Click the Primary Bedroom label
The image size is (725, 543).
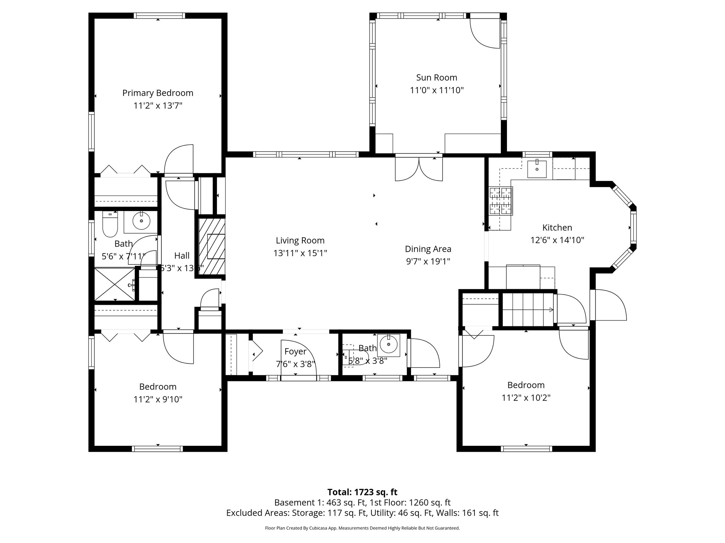click(x=158, y=93)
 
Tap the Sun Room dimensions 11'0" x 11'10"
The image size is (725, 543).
click(x=436, y=90)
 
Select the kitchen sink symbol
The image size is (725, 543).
click(x=537, y=169)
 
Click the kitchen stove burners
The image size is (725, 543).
click(x=501, y=201)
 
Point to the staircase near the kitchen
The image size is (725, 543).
click(x=527, y=310)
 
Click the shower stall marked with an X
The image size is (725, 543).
click(x=115, y=285)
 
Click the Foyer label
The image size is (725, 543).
click(x=295, y=351)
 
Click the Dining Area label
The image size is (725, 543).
click(x=428, y=249)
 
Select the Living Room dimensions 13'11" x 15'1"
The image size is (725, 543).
click(x=300, y=253)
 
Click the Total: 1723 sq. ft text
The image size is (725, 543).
click(x=362, y=492)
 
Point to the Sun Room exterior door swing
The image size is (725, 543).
click(x=485, y=33)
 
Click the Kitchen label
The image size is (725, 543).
click(x=557, y=228)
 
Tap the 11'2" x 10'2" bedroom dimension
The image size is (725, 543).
click(x=526, y=398)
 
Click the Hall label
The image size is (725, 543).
click(x=182, y=256)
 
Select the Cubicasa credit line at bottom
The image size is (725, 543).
click(x=362, y=528)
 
